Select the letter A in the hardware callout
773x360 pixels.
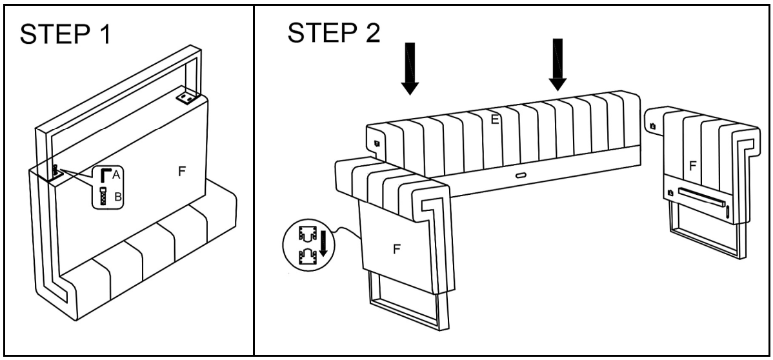116,174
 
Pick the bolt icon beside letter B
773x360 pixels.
103,195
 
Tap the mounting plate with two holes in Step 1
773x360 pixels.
186,97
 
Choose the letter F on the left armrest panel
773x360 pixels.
397,250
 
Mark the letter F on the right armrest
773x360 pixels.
692,165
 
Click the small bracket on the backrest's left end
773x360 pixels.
376,137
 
